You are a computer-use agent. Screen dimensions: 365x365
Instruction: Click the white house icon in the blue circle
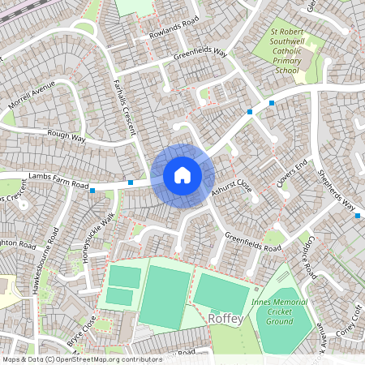pos(182,175)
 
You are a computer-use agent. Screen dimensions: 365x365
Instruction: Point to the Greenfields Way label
pos(201,54)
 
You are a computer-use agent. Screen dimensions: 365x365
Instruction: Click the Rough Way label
pos(67,136)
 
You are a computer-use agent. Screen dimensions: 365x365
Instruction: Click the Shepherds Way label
pos(337,191)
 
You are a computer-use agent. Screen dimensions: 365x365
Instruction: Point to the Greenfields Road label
pos(253,242)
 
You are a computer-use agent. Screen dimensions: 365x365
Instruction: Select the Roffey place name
pos(226,318)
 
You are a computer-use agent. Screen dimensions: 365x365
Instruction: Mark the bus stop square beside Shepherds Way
pos(357,216)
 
